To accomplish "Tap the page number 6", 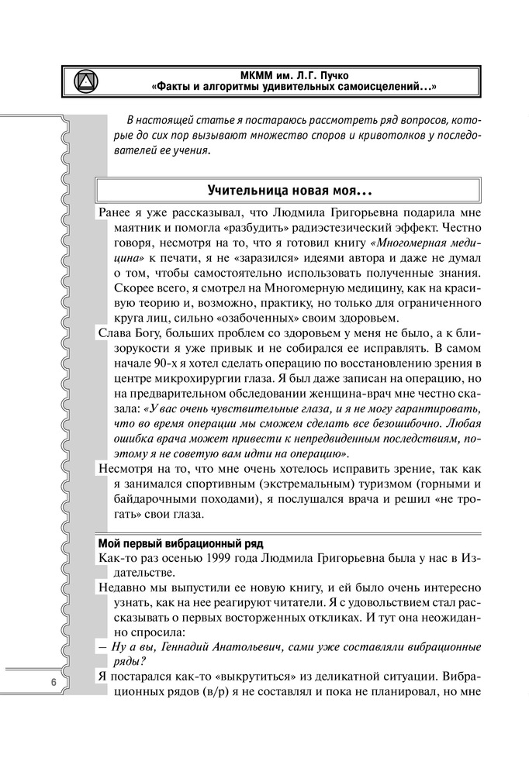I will (53, 681).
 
